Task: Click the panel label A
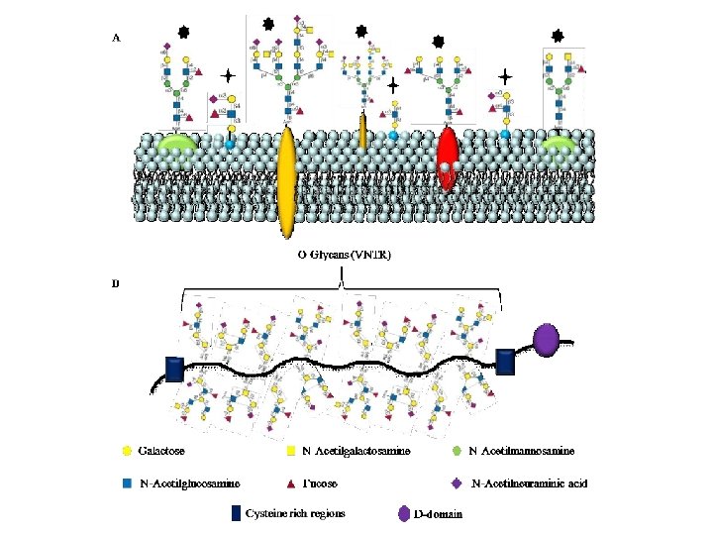pos(117,38)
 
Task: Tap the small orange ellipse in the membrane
pos(363,131)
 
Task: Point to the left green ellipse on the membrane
pos(175,146)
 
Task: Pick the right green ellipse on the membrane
pos(560,146)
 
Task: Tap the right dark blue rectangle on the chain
pos(505,362)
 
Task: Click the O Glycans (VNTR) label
pos(345,255)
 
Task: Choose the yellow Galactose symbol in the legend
pos(126,452)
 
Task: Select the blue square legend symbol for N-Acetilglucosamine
pos(126,484)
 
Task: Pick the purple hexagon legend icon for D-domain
pos(403,513)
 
